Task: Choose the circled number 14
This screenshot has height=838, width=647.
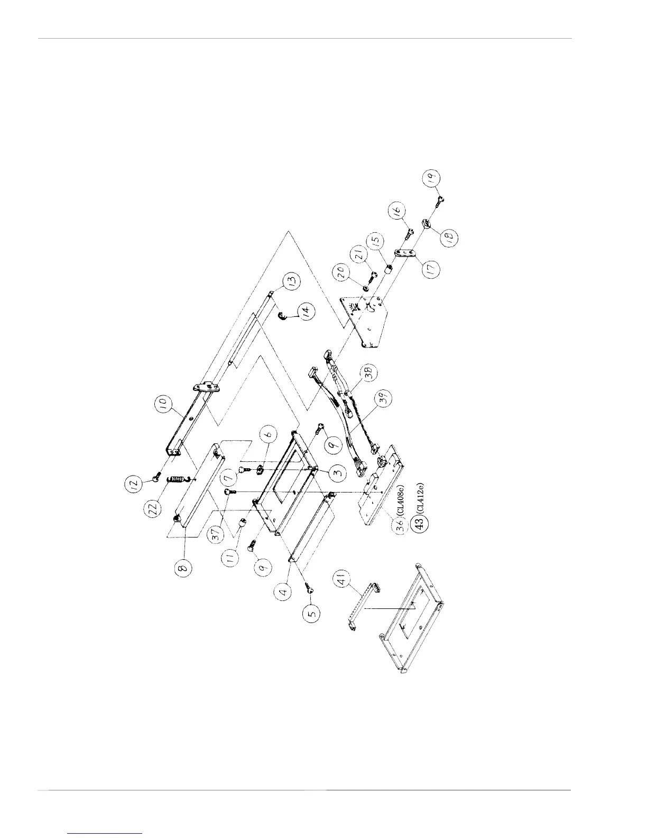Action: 303,312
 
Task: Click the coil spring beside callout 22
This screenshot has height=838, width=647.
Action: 178,479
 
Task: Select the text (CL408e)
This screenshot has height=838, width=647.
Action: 405,498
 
